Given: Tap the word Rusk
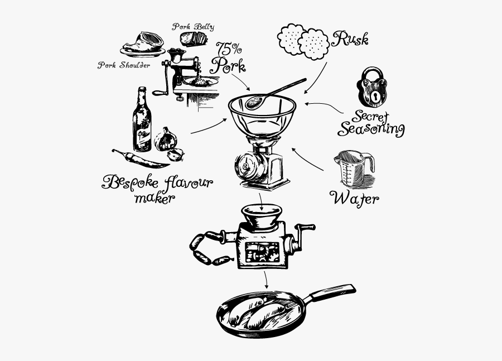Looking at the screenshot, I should [350, 38].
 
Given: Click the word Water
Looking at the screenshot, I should [354, 198].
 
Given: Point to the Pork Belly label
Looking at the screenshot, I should [193, 26].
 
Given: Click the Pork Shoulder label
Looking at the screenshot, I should [124, 65].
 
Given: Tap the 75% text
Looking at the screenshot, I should [224, 47].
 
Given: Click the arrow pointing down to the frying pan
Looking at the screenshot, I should [266, 279].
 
